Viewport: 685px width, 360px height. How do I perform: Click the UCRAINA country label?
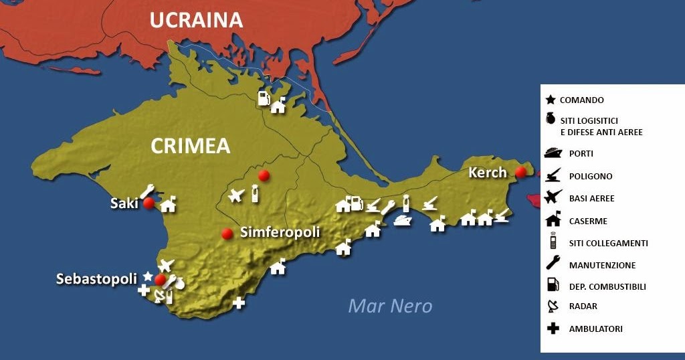coord(196,20)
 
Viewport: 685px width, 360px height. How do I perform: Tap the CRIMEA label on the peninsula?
coord(190,146)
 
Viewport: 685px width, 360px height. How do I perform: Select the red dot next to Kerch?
coord(521,172)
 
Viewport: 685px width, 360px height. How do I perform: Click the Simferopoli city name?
coord(280,232)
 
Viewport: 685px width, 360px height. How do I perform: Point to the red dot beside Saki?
coord(149,203)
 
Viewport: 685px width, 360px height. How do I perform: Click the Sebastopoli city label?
coord(96,279)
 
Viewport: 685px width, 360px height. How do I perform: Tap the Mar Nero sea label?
coord(390,306)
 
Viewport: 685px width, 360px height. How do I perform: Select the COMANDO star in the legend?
coord(551,100)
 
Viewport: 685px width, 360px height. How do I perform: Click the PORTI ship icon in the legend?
coord(552,153)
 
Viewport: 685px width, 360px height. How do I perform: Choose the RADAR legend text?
coord(583,306)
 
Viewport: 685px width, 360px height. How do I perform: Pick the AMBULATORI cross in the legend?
coord(553,329)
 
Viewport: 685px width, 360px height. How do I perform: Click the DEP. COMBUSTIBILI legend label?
coord(607,286)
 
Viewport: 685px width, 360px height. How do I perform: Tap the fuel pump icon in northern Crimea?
coord(264,99)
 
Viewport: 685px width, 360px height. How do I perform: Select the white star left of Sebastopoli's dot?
coord(148,276)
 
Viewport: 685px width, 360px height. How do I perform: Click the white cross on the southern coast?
coord(239,303)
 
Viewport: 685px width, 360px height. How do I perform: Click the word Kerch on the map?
coord(488,172)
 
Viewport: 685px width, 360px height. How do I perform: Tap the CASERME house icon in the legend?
coord(553,219)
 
